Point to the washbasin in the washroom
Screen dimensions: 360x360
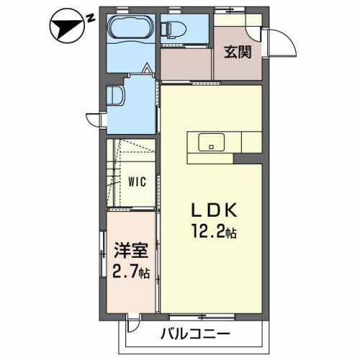point(117,96)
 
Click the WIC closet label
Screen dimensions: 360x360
point(138,181)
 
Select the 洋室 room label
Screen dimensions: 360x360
point(130,252)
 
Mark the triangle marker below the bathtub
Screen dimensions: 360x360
point(147,71)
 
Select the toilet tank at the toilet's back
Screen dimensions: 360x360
point(165,30)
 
